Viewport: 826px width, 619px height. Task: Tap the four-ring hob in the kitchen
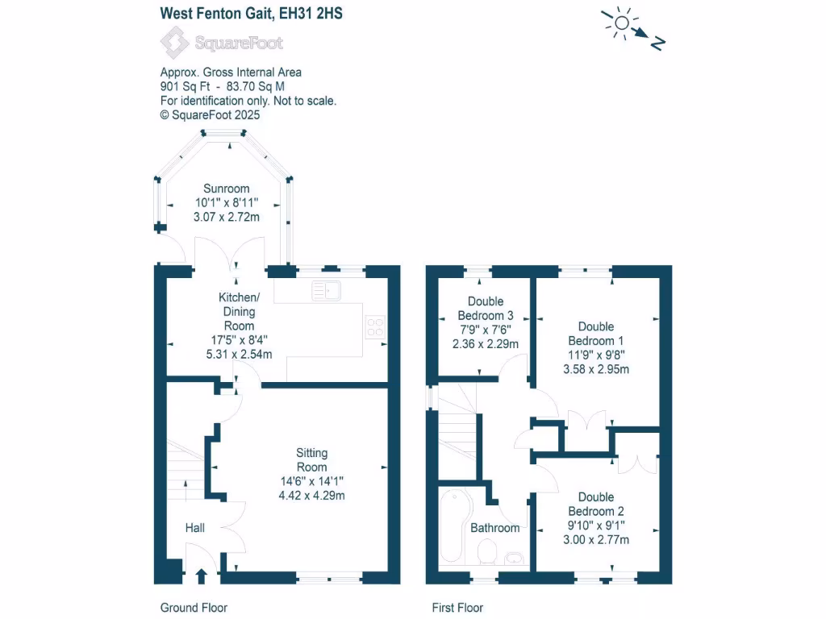pyautogui.click(x=374, y=326)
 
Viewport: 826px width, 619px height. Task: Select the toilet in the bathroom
pyautogui.click(x=487, y=552)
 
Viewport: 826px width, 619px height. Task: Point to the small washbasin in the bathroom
pyautogui.click(x=512, y=557)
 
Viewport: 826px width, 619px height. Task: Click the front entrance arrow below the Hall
pyautogui.click(x=201, y=575)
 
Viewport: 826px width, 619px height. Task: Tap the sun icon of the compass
pyautogui.click(x=620, y=24)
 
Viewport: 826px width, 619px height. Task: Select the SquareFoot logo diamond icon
pyautogui.click(x=173, y=42)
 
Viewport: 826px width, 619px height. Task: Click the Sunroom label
pyautogui.click(x=226, y=189)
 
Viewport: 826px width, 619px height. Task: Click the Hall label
pyautogui.click(x=195, y=528)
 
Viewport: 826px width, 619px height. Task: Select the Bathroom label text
pyautogui.click(x=494, y=528)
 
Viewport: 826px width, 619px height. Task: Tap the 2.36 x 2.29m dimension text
pyautogui.click(x=486, y=344)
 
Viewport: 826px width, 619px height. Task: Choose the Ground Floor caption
pyautogui.click(x=194, y=608)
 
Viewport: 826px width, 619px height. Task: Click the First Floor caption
pyautogui.click(x=457, y=608)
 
